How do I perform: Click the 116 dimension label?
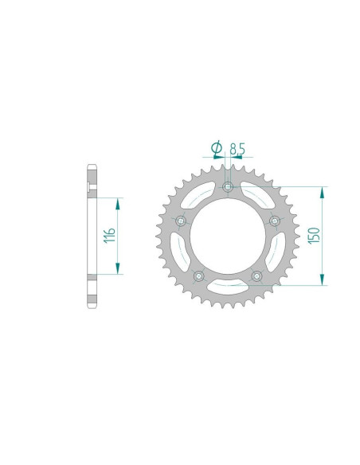coord(109,235)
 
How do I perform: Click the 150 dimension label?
coord(314,236)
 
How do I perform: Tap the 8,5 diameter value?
coord(237,149)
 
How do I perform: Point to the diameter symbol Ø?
coord(217,147)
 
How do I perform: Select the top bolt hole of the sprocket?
coord(228,187)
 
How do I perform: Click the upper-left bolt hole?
coord(181,221)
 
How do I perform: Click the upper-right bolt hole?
coord(275,221)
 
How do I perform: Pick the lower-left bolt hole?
coord(198,276)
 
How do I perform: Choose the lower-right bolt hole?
coord(256,276)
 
